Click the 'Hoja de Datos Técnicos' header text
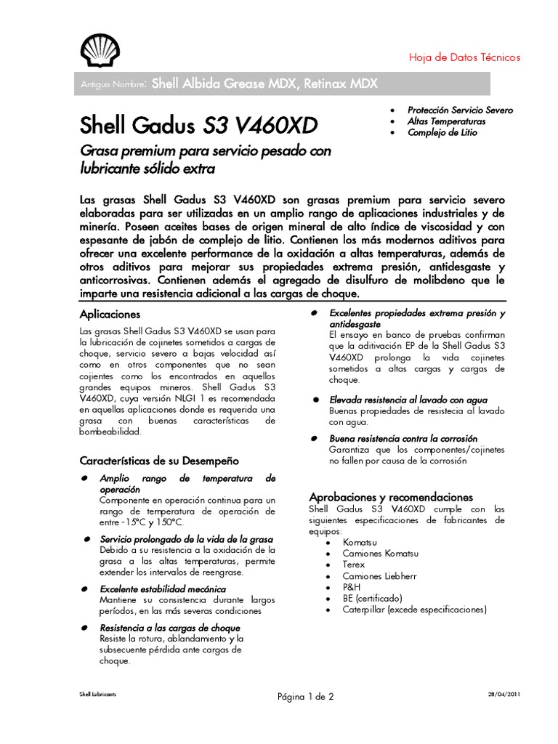point(465,57)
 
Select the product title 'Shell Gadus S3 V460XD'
point(198,126)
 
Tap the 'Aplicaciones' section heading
point(110,314)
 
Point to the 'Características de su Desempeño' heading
point(158,461)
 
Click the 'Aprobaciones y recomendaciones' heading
point(391,497)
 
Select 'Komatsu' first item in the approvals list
point(360,542)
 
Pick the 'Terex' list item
point(354,565)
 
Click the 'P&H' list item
point(352,587)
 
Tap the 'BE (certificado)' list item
point(372,598)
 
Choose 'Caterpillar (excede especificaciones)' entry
point(414,610)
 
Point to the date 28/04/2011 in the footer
point(504,694)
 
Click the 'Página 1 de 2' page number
point(305,696)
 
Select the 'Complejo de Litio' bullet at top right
point(442,133)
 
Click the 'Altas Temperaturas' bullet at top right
point(446,121)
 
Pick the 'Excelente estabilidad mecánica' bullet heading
point(163,589)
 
